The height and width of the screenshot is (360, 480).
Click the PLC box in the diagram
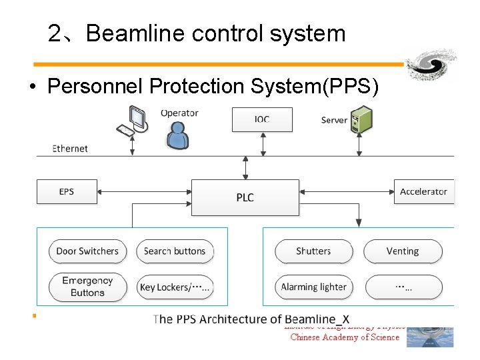pyautogui.click(x=245, y=197)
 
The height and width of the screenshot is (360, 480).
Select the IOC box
pyautogui.click(x=261, y=119)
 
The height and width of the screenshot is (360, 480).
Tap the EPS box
pyautogui.click(x=67, y=192)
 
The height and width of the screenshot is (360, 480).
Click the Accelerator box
pyautogui.click(x=423, y=192)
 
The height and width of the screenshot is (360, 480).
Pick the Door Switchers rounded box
pyautogui.click(x=87, y=251)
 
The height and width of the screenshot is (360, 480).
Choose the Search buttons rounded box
pyautogui.click(x=175, y=251)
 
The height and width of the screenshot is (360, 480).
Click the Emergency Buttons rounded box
pyautogui.click(x=87, y=287)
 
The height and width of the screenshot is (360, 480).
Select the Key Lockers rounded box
pyautogui.click(x=175, y=287)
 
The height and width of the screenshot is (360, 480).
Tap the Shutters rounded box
pyautogui.click(x=313, y=251)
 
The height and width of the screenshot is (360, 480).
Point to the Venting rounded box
pyautogui.click(x=403, y=251)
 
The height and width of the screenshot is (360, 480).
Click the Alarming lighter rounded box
pyautogui.click(x=313, y=287)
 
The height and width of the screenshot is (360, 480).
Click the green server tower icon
pyautogui.click(x=361, y=119)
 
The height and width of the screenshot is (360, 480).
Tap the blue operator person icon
pyautogui.click(x=177, y=136)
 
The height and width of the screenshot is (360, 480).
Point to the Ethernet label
pyautogui.click(x=70, y=148)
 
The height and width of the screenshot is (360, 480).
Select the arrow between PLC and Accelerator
pyautogui.click(x=346, y=192)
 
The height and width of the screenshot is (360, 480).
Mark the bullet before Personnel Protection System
pyautogui.click(x=31, y=87)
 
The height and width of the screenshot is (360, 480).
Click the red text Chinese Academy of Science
pyautogui.click(x=345, y=337)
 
